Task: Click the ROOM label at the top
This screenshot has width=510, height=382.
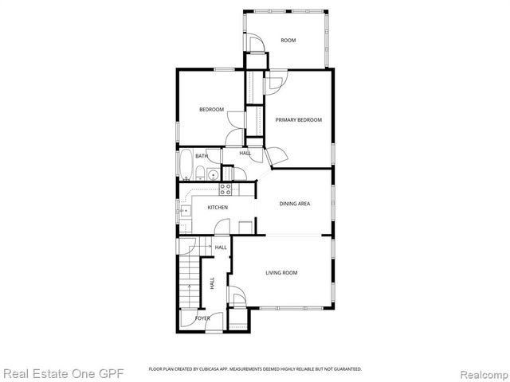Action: click(288, 40)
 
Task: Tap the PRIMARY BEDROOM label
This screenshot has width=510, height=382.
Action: click(299, 119)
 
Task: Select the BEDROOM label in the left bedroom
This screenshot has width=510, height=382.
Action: click(211, 109)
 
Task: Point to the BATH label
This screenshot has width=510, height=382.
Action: click(190, 156)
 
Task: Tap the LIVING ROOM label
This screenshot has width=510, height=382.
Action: click(281, 273)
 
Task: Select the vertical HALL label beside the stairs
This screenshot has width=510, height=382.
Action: click(212, 283)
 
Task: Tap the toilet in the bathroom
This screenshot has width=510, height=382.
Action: click(214, 174)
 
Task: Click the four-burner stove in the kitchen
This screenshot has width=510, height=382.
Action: click(226, 189)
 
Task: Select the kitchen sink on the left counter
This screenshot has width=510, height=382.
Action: click(185, 210)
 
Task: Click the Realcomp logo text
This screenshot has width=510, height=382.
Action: click(480, 372)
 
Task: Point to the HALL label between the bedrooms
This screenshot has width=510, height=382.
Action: click(245, 153)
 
